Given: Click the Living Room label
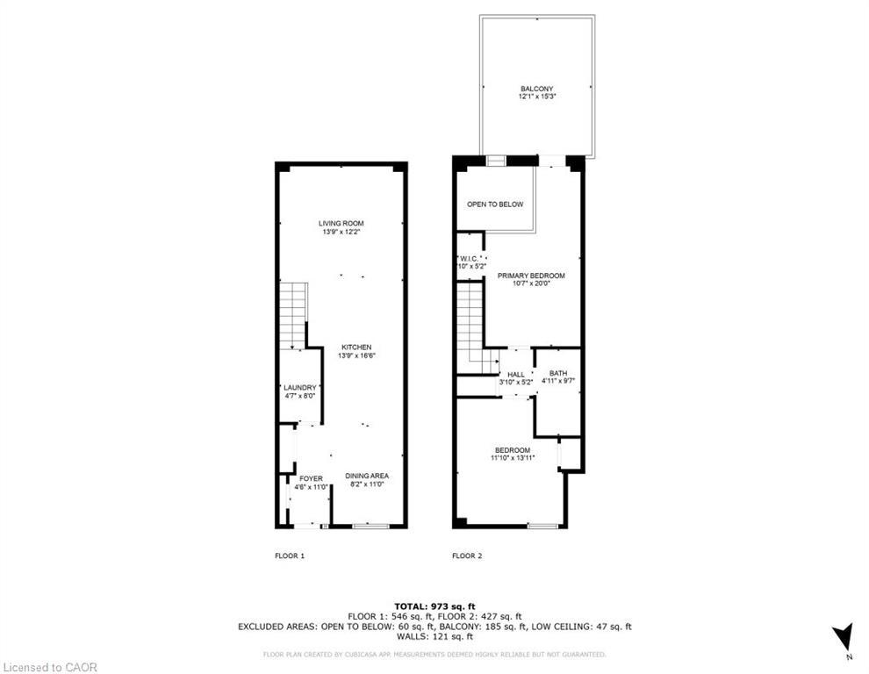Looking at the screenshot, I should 341,227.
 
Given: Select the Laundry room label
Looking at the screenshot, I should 299,391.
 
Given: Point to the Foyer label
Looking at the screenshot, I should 298,482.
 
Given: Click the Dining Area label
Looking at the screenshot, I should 366,480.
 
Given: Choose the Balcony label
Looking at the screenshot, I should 536,92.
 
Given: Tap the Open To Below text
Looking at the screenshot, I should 494,204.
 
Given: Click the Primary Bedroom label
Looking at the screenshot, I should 531,279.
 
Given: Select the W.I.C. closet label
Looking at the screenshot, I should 470,261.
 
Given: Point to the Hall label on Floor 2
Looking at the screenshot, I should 515,378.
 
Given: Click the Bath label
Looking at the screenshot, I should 558,377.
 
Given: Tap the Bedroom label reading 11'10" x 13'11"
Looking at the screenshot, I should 512,454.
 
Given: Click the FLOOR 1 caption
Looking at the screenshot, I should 290,556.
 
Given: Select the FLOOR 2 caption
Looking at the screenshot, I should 467,556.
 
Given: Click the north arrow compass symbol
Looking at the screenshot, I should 842,637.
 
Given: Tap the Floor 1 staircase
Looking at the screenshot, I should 293,316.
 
